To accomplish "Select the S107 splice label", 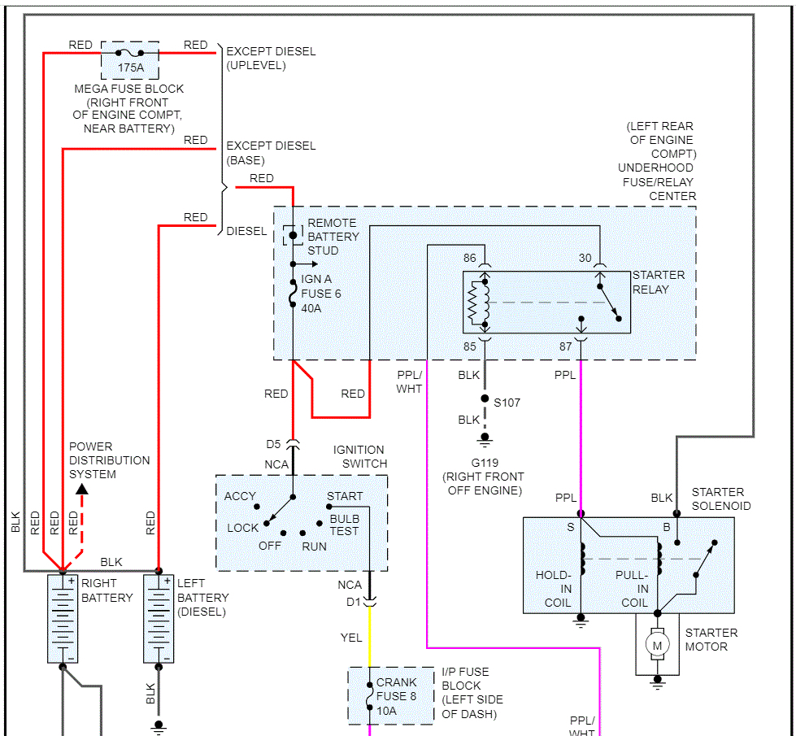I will click(507, 402).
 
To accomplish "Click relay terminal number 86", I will click(470, 259).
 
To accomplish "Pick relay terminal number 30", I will click(585, 259).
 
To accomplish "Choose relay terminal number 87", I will click(566, 346).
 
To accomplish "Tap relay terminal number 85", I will click(470, 346).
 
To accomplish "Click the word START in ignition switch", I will click(345, 496).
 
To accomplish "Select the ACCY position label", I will click(240, 496).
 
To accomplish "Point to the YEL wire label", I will click(351, 638).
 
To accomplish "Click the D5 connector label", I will click(273, 445).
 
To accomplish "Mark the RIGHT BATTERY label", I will click(107, 590).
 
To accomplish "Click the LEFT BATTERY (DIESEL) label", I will click(202, 597).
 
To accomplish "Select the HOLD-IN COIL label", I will click(553, 589).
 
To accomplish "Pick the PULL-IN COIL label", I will click(632, 589).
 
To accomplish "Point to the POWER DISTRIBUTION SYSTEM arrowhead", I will click(81, 489).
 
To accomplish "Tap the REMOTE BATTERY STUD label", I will click(333, 237).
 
